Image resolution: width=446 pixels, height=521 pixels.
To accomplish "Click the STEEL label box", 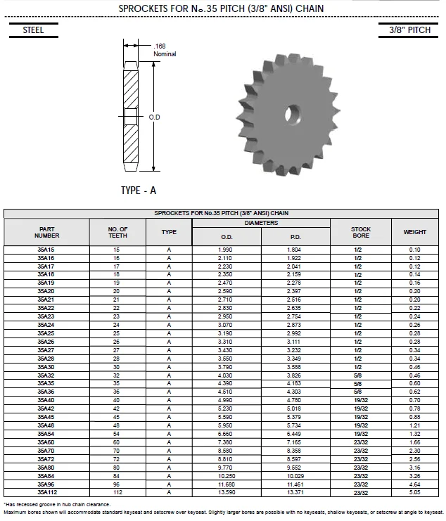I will coord(33,30).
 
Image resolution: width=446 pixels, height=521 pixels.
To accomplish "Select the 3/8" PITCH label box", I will coord(409,30).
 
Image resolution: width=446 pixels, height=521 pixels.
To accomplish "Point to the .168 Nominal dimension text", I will coord(164,50).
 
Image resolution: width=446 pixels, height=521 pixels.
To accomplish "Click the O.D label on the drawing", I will coord(155,117).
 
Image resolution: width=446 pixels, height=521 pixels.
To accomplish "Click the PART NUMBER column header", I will coord(47,232).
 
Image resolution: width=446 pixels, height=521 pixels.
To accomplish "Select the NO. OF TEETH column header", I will coord(117,232).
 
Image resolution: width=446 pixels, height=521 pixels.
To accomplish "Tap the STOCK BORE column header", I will coord(361,232).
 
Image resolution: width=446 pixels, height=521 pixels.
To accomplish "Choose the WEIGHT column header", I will coord(414,232).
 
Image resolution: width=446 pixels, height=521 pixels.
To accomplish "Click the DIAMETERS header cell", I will coord(261,223).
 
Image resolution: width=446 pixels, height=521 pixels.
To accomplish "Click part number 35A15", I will coord(46,250).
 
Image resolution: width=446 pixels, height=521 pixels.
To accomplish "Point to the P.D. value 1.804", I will coord(295,250).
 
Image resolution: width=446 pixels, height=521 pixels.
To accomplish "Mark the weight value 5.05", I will coord(414,493).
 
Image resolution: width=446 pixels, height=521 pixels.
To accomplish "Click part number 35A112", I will coord(46,493).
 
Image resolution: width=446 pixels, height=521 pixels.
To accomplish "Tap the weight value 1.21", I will coord(414,425).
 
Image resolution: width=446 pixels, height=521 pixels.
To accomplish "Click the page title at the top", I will coord(222,8).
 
